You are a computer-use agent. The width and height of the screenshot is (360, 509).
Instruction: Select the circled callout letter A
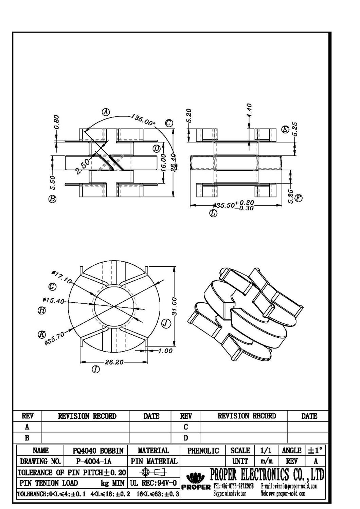click(106, 112)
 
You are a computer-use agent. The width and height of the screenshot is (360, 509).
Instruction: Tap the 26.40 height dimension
click(173, 163)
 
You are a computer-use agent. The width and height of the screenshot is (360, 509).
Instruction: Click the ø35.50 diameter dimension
click(234, 206)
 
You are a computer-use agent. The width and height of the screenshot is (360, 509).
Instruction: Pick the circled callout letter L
click(213, 214)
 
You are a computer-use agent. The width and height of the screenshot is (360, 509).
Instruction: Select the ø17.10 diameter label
click(61, 277)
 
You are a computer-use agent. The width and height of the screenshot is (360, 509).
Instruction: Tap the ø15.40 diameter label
click(53, 300)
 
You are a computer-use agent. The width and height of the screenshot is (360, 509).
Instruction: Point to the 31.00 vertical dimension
click(174, 306)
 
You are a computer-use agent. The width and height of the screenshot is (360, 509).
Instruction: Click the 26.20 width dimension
click(114, 362)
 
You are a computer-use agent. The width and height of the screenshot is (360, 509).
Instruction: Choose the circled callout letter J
click(165, 323)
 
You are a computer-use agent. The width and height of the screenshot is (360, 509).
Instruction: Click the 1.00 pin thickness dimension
click(165, 351)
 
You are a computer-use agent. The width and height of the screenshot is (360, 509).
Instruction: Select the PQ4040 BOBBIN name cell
click(98, 451)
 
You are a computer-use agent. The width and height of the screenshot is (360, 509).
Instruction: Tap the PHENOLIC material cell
click(203, 451)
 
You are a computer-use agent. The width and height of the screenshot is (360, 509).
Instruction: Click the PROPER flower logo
click(196, 478)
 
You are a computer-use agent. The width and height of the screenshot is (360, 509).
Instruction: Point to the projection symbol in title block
click(154, 472)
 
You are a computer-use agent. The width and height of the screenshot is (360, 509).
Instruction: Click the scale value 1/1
click(266, 451)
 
